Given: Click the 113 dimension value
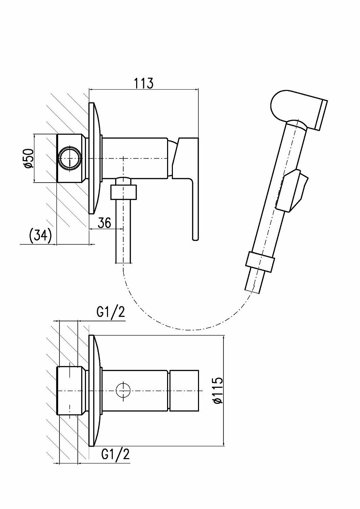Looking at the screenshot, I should pyautogui.click(x=143, y=83).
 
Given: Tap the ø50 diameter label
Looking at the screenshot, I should pyautogui.click(x=29, y=158).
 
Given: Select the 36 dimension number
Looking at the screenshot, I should pyautogui.click(x=105, y=223).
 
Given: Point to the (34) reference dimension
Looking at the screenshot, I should pyautogui.click(x=40, y=235).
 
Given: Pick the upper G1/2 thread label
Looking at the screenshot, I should pyautogui.click(x=110, y=313).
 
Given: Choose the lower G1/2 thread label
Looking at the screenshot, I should pyautogui.click(x=115, y=454).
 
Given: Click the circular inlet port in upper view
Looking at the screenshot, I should pyautogui.click(x=70, y=158).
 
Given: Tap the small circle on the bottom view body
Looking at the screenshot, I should pyautogui.click(x=123, y=391).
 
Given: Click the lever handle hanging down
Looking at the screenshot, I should pyautogui.click(x=194, y=210).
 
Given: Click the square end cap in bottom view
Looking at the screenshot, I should pyautogui.click(x=183, y=391).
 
